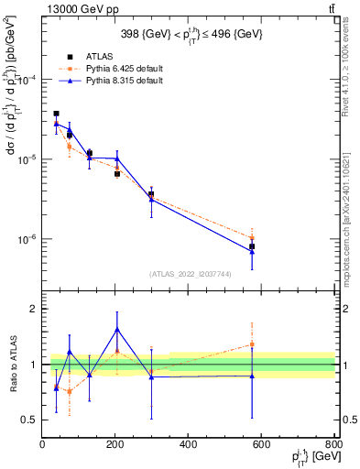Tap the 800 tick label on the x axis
[x=333, y=444]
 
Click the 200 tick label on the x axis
[x=115, y=444]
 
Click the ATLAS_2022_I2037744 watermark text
[x=189, y=274]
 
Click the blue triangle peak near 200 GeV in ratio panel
[x=116, y=329]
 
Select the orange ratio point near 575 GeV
[x=252, y=344]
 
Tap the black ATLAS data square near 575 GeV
[x=252, y=246]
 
